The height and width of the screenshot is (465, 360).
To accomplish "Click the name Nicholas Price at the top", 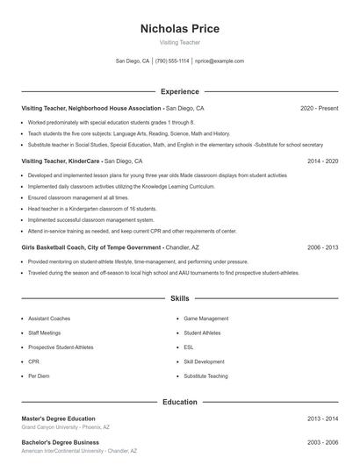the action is pyautogui.click(x=179, y=28).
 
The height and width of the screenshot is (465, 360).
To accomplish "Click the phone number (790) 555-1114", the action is pyautogui.click(x=172, y=61).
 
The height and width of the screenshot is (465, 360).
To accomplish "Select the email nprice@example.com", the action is pyautogui.click(x=220, y=61).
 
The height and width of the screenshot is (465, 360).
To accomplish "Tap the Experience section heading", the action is pyautogui.click(x=179, y=91).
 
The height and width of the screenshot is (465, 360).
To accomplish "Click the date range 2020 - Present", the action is pyautogui.click(x=319, y=108).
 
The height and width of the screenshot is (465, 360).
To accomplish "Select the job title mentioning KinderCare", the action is pyautogui.click(x=61, y=161).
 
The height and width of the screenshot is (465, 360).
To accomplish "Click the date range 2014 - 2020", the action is pyautogui.click(x=322, y=161).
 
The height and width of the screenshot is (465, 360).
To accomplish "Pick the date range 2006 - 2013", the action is pyautogui.click(x=322, y=247).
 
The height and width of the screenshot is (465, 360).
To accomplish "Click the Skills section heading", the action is pyautogui.click(x=179, y=298).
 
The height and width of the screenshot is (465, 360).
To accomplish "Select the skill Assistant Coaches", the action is pyautogui.click(x=48, y=318).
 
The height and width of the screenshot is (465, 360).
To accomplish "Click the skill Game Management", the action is pyautogui.click(x=206, y=318).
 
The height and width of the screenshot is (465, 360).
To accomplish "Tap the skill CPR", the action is pyautogui.click(x=33, y=361).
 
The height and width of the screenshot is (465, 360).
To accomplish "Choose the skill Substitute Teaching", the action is pyautogui.click(x=205, y=376).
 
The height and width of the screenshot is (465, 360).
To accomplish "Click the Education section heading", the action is pyautogui.click(x=179, y=402).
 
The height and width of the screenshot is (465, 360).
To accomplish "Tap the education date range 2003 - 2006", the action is pyautogui.click(x=322, y=442).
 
